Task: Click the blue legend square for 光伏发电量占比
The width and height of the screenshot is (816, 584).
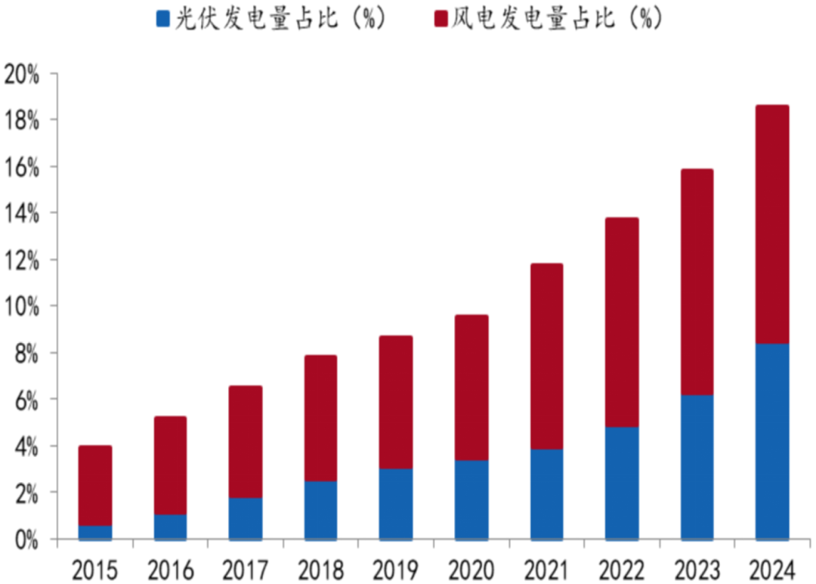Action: [162, 19]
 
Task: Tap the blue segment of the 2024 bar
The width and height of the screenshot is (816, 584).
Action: [772, 442]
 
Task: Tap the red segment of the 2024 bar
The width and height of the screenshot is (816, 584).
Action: [772, 225]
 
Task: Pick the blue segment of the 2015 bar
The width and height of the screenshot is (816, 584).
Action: [95, 533]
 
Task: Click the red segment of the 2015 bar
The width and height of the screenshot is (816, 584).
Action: [95, 486]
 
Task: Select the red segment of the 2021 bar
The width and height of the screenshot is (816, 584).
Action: [546, 357]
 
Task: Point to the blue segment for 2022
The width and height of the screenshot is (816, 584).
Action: [622, 484]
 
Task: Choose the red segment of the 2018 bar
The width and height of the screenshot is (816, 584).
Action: [320, 419]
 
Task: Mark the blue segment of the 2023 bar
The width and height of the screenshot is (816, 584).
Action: [697, 468]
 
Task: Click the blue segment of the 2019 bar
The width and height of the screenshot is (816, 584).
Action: [396, 504]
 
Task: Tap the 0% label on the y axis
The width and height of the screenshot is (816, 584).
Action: [26, 539]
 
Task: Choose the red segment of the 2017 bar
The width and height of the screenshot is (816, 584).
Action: [246, 442]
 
